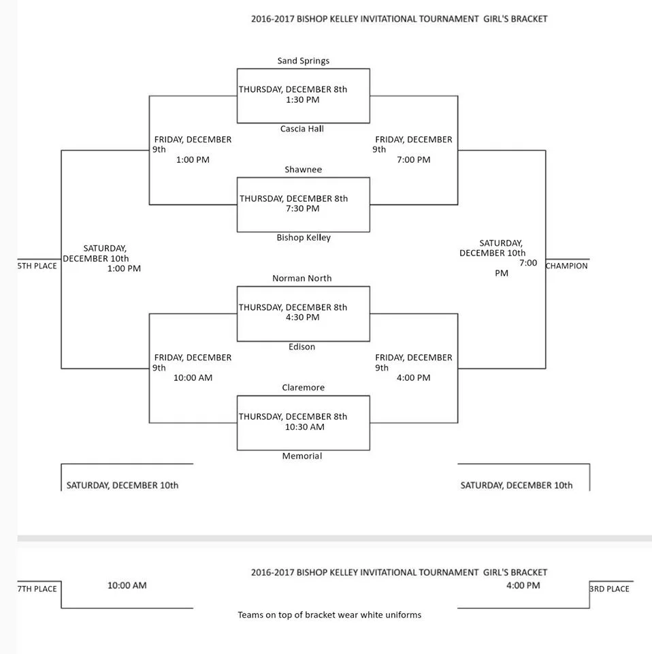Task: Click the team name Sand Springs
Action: point(303,61)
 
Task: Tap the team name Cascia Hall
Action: point(301,129)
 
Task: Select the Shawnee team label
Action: point(303,170)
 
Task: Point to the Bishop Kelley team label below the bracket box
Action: point(303,238)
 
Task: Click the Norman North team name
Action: point(301,278)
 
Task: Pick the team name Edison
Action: point(301,347)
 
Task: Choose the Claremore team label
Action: point(303,388)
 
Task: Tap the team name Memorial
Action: point(301,456)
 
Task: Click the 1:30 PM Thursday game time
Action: point(302,99)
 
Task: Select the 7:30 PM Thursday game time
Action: point(302,208)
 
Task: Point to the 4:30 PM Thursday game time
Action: point(302,317)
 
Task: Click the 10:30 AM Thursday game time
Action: point(304,427)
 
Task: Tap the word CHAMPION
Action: point(566,266)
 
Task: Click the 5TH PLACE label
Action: point(37,266)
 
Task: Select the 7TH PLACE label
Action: point(37,589)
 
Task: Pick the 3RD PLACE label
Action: point(609,589)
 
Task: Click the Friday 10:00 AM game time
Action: point(193,377)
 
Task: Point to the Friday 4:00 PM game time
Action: point(413,377)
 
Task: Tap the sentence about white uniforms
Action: point(329,614)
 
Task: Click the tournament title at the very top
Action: point(399,18)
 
